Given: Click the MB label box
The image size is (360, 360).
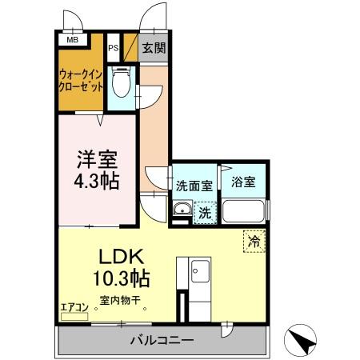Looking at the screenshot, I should coord(72,39).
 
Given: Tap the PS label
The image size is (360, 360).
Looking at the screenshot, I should coord(114,48).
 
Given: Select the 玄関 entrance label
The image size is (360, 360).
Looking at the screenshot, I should coord(154,48).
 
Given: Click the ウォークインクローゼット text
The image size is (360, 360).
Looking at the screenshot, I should coord(80,82).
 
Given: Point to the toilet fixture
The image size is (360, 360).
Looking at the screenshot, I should coord(122,82).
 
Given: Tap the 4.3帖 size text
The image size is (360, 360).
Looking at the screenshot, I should coord(98,181).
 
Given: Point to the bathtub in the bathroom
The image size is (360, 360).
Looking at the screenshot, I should coord(245,211).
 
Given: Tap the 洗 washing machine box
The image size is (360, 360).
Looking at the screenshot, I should coord(204,213).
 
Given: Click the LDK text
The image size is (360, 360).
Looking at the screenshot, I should coord(121,258).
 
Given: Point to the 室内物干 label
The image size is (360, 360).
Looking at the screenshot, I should coord(120,302).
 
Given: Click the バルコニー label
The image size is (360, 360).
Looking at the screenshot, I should coord(162,340).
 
